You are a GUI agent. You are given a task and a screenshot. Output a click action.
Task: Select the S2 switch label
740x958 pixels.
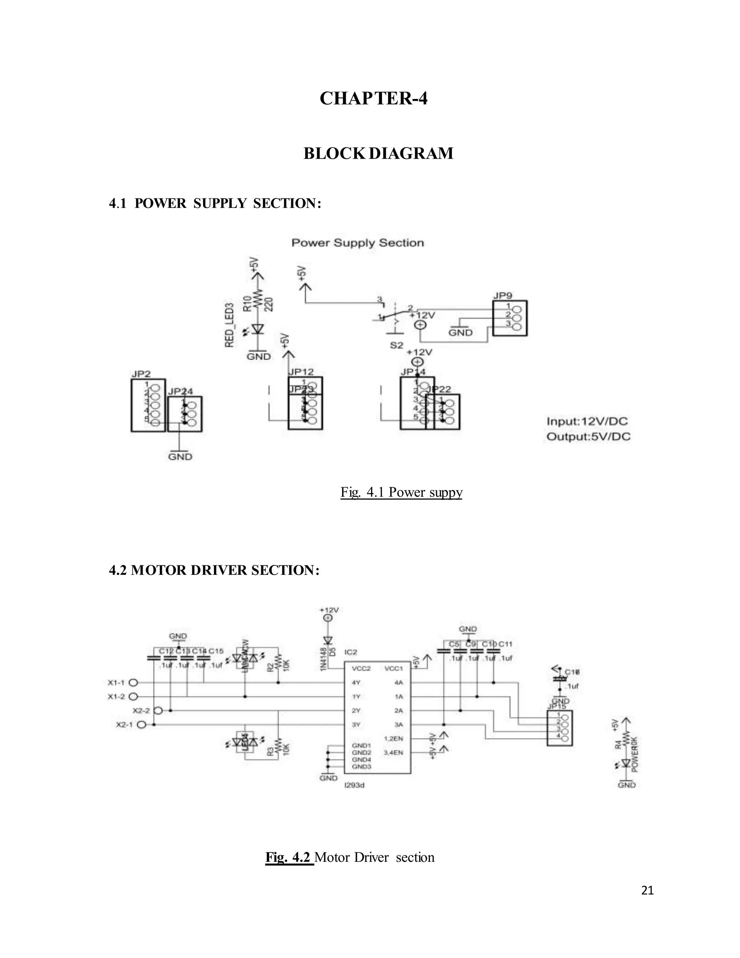(396, 345)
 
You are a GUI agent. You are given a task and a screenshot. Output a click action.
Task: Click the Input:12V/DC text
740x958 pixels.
(587, 422)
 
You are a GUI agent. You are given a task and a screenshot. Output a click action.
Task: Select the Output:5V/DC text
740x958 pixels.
(588, 437)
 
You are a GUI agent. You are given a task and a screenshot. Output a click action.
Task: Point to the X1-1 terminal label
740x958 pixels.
(116, 683)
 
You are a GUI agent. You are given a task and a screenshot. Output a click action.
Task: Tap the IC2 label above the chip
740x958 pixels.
(351, 652)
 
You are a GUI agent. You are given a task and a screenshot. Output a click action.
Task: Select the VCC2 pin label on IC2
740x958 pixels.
(361, 669)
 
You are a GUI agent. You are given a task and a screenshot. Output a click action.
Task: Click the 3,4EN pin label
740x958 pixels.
(393, 752)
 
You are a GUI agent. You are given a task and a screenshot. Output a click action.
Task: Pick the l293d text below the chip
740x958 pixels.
(355, 785)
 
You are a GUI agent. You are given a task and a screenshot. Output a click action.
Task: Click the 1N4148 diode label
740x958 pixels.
(323, 659)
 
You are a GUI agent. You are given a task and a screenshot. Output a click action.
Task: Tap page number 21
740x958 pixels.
(647, 890)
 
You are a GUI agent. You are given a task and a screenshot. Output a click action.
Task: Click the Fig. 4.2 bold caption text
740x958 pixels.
(289, 857)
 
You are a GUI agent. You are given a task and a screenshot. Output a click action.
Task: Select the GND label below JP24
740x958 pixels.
(180, 457)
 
